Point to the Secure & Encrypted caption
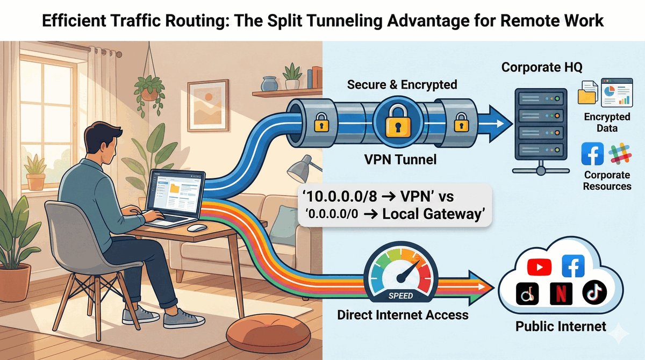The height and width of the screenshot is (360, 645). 402,84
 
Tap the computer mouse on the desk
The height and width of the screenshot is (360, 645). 197,228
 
